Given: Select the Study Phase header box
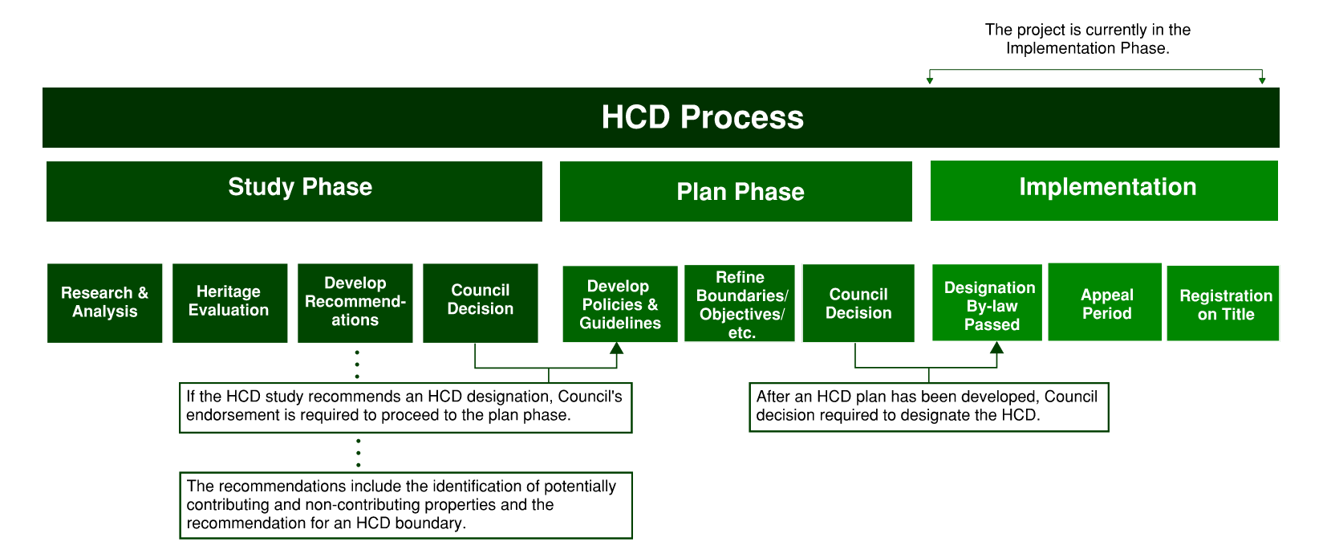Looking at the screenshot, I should (x=294, y=191).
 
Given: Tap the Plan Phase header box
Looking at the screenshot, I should (x=736, y=191).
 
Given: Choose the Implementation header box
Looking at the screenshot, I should (x=1104, y=190).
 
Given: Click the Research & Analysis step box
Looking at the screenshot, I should (x=104, y=303).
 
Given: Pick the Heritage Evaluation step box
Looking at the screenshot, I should (x=229, y=303).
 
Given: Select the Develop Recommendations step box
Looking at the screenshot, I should (x=355, y=303).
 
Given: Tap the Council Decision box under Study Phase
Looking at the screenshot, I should (x=480, y=303).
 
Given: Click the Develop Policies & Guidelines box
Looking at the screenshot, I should (x=619, y=304).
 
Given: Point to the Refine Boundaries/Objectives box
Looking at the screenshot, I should (x=739, y=303).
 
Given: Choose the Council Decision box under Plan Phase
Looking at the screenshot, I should (x=858, y=303).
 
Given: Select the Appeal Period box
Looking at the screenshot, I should (x=1105, y=302).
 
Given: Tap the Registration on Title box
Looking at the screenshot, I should (x=1223, y=303).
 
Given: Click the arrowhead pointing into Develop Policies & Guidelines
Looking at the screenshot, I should (x=616, y=348).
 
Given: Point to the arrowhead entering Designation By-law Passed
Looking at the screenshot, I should (x=996, y=348).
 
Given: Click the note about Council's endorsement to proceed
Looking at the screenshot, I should (x=405, y=407).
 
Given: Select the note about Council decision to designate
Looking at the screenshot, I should (x=928, y=407).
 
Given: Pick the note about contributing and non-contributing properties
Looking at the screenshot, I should (x=405, y=505).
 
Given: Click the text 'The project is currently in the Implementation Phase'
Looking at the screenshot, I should (x=1087, y=39).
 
